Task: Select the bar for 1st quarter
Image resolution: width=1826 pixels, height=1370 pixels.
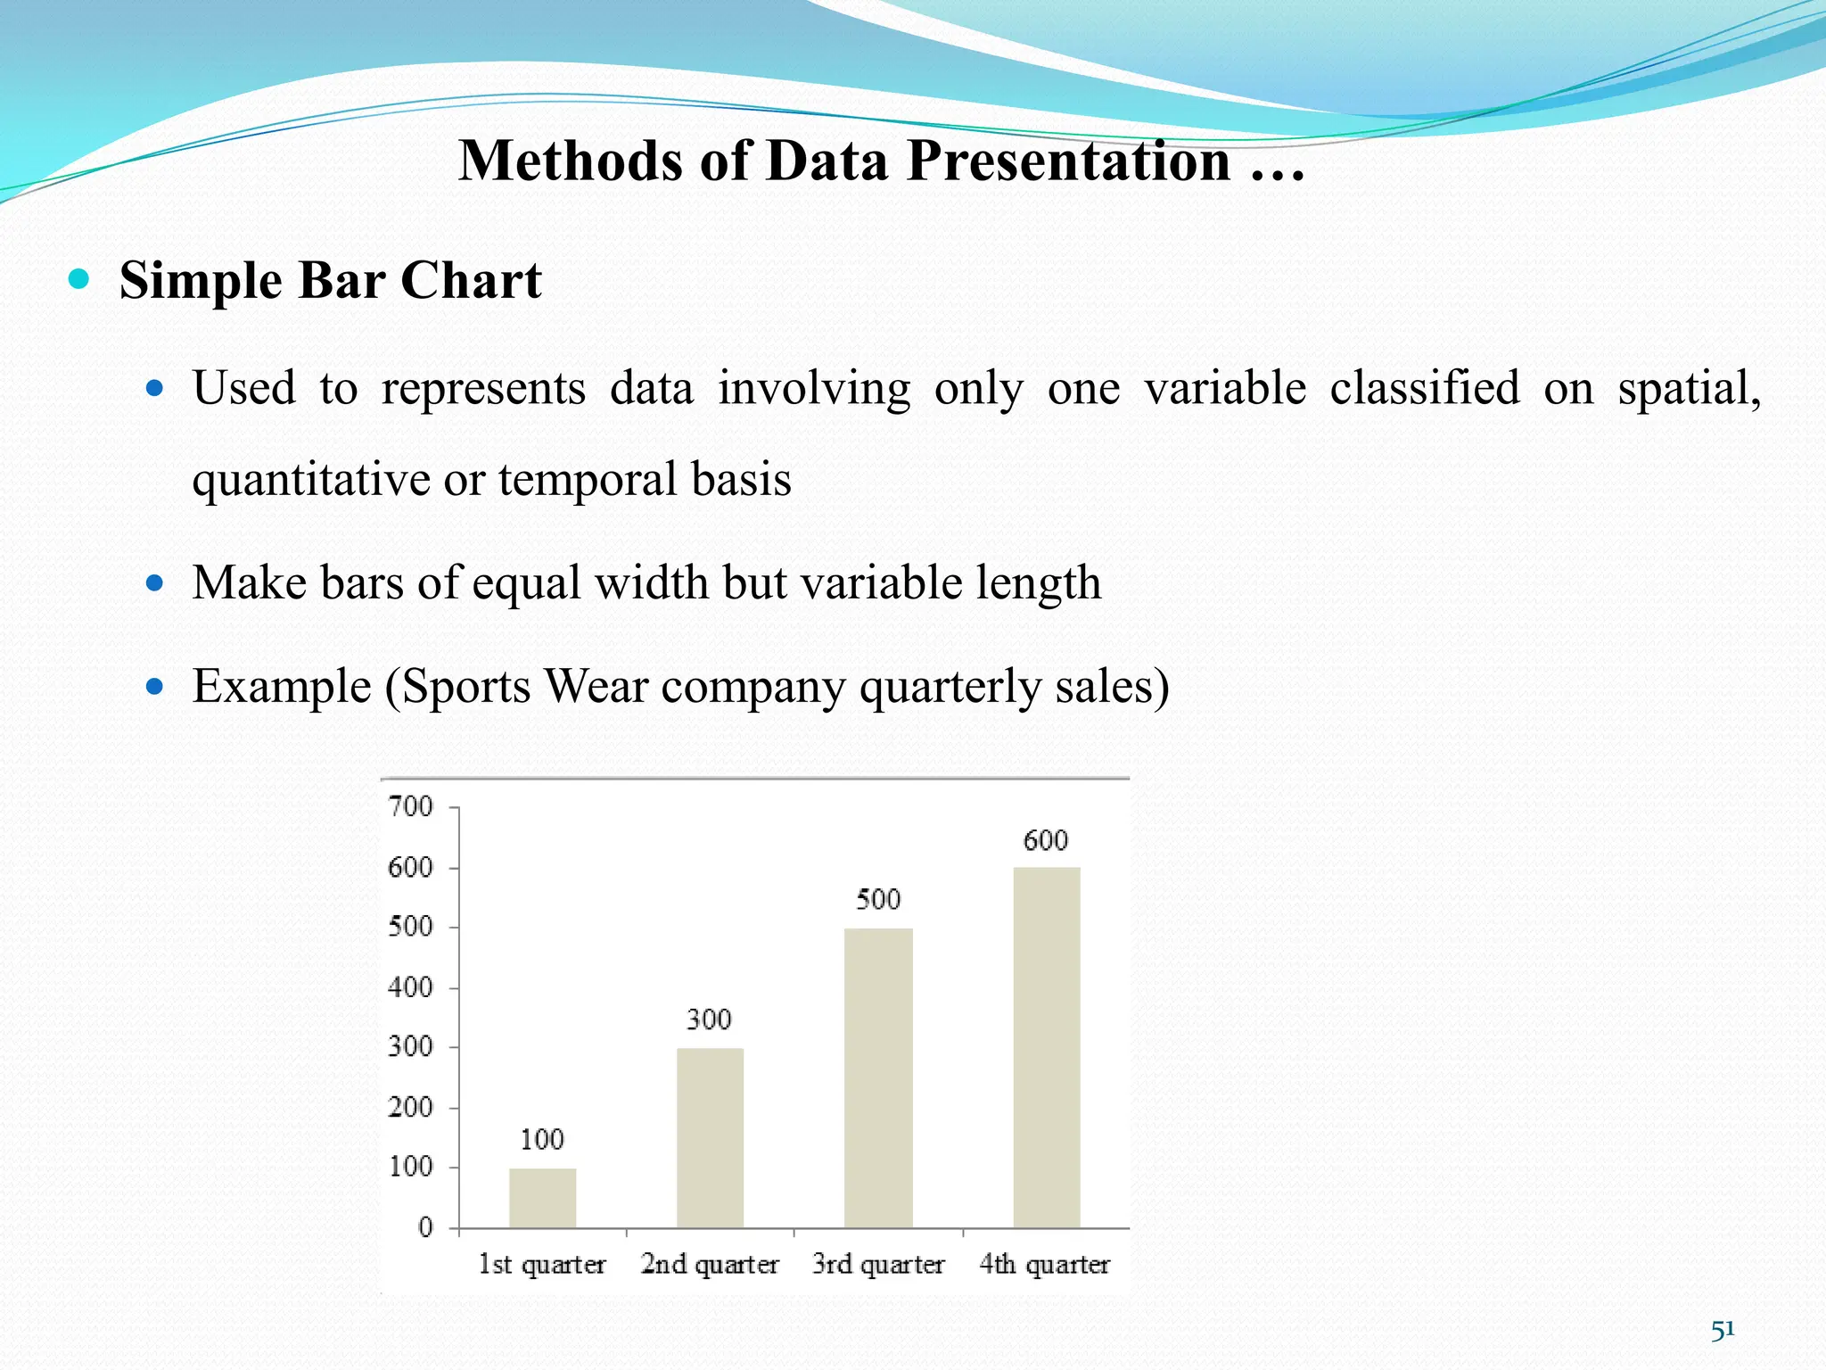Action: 542,1198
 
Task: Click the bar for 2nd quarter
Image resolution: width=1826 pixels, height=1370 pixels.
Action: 710,1137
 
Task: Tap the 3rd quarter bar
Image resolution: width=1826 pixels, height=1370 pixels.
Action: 878,1077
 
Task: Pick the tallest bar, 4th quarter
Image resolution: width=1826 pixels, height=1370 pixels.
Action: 1046,1047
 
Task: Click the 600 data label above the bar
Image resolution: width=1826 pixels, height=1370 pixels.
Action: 1045,840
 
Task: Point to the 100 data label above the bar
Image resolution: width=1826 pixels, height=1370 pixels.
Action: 542,1139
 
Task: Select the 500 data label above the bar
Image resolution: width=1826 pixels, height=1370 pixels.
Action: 878,899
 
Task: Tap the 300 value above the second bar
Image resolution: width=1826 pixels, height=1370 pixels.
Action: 709,1019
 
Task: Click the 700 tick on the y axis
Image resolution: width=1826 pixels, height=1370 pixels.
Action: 410,806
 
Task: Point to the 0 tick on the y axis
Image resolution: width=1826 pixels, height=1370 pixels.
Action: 425,1227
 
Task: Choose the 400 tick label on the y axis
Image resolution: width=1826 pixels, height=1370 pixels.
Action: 410,987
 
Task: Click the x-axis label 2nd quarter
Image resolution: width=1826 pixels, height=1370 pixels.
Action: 710,1265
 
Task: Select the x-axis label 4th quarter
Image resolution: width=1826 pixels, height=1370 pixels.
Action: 1045,1265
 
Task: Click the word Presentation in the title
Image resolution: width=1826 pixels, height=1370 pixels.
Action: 1069,161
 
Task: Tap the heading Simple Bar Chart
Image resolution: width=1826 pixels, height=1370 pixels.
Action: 330,281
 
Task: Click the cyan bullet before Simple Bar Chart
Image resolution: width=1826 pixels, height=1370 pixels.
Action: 79,279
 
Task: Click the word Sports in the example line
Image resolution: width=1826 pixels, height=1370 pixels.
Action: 465,687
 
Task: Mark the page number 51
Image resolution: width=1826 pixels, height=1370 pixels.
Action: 1723,1330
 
